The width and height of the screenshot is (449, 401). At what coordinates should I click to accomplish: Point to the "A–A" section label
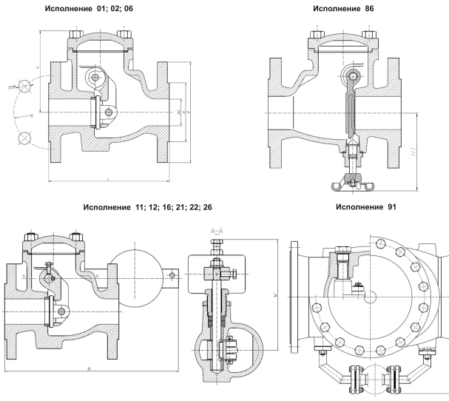[219, 232]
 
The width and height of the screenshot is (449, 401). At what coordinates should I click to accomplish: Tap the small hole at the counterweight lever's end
[172, 275]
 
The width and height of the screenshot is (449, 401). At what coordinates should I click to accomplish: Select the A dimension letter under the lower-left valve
[89, 368]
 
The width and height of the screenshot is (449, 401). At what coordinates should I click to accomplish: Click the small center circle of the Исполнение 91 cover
[372, 297]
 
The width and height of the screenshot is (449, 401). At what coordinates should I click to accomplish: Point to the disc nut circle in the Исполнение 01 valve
[109, 112]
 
